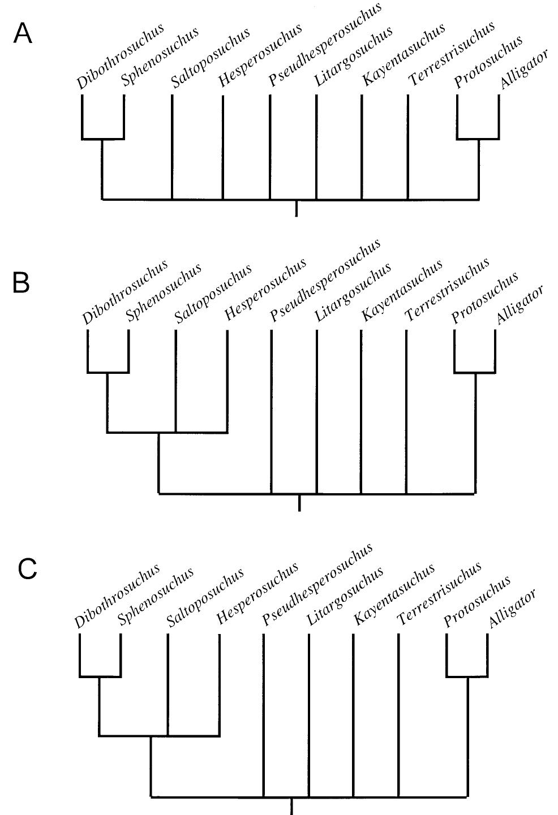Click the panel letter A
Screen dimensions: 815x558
(x=23, y=35)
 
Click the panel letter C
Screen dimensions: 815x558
(x=28, y=569)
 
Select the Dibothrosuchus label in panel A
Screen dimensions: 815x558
(x=120, y=57)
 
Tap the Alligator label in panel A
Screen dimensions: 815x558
(x=524, y=70)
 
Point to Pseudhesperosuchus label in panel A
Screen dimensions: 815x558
(x=325, y=44)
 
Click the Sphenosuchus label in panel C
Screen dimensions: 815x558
(x=156, y=597)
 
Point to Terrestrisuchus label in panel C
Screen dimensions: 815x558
(x=439, y=593)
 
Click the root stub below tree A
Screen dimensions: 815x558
(x=297, y=208)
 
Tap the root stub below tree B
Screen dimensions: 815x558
(x=299, y=503)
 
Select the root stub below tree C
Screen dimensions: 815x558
(x=291, y=806)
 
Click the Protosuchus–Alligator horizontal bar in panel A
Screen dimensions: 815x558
(x=478, y=139)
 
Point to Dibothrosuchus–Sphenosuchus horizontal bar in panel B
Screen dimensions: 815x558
(x=108, y=373)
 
